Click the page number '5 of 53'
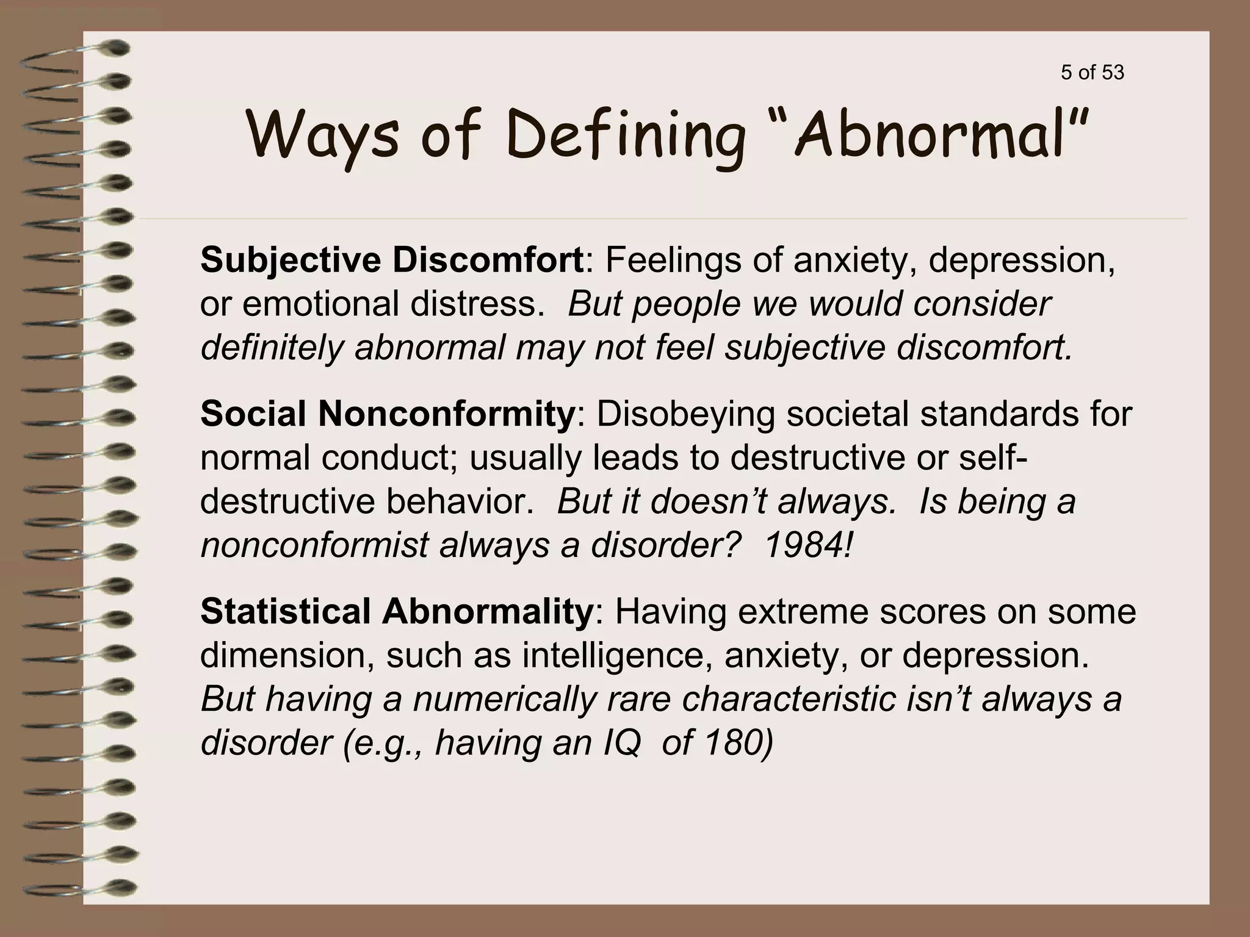pyautogui.click(x=1093, y=73)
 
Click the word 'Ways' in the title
pyautogui.click(x=323, y=135)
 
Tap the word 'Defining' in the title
pyautogui.click(x=625, y=135)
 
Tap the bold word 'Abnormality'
pyautogui.click(x=488, y=611)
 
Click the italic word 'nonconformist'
pyautogui.click(x=314, y=545)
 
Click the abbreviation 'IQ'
pyautogui.click(x=622, y=742)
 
